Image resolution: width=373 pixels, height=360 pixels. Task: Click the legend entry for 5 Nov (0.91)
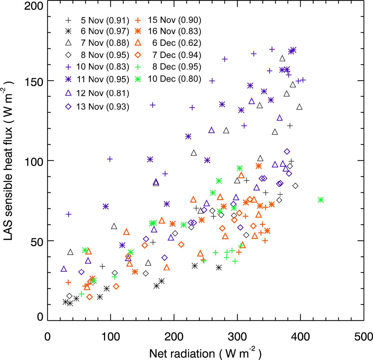click(105, 21)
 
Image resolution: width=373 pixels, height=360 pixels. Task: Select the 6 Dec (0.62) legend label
click(176, 43)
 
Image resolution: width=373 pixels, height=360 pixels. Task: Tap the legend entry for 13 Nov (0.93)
click(102, 107)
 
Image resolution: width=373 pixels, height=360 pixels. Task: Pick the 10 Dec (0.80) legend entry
click(174, 79)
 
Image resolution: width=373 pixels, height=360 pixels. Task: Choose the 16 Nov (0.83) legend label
click(174, 31)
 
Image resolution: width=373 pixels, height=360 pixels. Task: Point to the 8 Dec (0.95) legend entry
click(176, 67)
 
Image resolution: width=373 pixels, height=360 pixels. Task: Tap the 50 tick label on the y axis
click(37, 241)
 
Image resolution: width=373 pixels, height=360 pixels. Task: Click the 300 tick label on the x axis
click(237, 337)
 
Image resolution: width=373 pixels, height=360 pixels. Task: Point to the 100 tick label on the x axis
click(111, 337)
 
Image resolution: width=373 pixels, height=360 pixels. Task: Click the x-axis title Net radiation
click(205, 353)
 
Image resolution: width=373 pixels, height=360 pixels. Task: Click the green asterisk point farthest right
click(320, 200)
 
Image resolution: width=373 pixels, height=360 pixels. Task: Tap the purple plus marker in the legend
click(68, 67)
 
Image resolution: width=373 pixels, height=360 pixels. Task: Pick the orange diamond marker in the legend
click(138, 55)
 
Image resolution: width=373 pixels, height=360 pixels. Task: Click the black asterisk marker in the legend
click(68, 31)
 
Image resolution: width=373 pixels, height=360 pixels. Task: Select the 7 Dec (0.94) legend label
click(176, 55)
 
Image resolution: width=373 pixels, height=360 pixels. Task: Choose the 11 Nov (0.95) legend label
click(102, 79)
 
